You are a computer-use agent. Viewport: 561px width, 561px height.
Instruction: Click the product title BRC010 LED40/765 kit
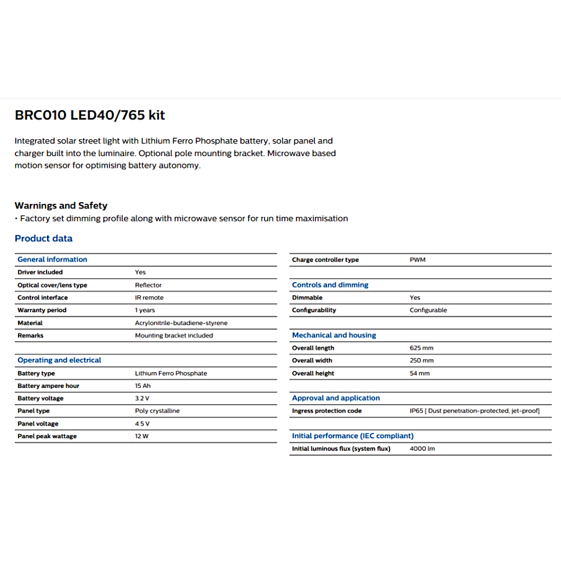point(90,115)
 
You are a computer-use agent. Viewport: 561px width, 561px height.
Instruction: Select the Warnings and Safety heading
point(61,205)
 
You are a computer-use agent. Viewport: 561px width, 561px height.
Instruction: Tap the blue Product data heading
point(43,238)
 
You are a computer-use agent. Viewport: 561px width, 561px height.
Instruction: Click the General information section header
point(52,259)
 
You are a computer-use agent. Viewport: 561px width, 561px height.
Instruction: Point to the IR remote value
point(149,297)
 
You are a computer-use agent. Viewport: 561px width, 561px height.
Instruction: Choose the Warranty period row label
point(42,310)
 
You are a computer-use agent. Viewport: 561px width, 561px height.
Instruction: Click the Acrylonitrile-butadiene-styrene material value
point(181,323)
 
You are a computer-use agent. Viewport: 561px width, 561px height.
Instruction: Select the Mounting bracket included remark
point(174,335)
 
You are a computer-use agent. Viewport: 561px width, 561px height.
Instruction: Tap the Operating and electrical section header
point(59,360)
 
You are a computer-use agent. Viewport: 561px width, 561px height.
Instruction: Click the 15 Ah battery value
point(142,386)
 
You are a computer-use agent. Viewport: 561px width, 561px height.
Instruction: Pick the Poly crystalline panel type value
point(157,411)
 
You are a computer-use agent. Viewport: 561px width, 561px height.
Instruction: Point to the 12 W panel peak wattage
point(142,436)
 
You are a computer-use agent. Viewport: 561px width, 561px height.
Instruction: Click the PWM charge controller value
point(417,260)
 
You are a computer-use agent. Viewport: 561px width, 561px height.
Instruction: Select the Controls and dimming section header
point(330,285)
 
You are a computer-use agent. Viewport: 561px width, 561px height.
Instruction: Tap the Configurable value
point(428,310)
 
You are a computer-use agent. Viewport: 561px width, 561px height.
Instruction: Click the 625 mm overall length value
point(421,348)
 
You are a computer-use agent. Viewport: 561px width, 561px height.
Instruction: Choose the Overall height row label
point(313,373)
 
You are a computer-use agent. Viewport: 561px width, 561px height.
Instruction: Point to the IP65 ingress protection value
point(474,411)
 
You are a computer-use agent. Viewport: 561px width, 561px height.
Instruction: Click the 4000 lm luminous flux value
point(422,449)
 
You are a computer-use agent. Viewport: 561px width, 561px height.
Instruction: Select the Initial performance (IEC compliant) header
point(353,436)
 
